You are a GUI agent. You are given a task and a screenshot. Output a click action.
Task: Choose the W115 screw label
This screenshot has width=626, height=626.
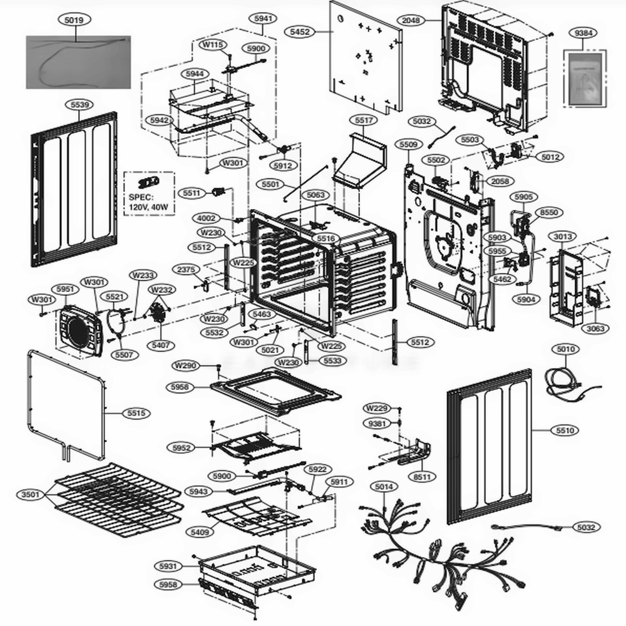(x=213, y=44)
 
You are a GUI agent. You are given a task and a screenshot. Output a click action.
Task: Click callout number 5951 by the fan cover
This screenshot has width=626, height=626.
(x=65, y=289)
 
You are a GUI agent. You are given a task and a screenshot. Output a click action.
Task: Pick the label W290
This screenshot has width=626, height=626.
(x=185, y=366)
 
